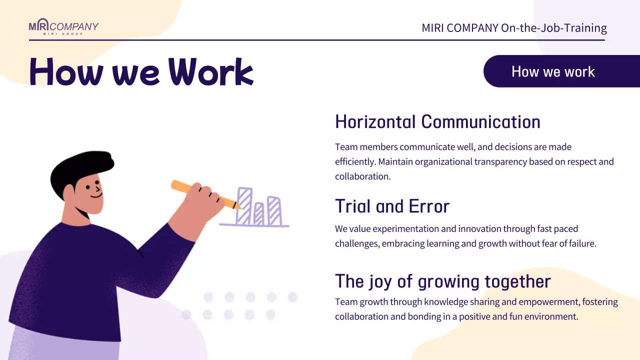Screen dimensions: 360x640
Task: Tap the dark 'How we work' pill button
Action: point(553,71)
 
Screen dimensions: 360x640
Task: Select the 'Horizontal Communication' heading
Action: point(437,122)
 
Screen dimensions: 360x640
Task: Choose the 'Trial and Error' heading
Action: point(392,206)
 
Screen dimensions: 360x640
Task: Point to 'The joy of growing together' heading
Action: point(442,281)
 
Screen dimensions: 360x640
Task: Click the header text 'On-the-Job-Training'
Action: point(553,28)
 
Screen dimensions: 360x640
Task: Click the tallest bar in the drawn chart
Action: point(244,206)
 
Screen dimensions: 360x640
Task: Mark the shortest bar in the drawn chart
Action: point(258,213)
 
